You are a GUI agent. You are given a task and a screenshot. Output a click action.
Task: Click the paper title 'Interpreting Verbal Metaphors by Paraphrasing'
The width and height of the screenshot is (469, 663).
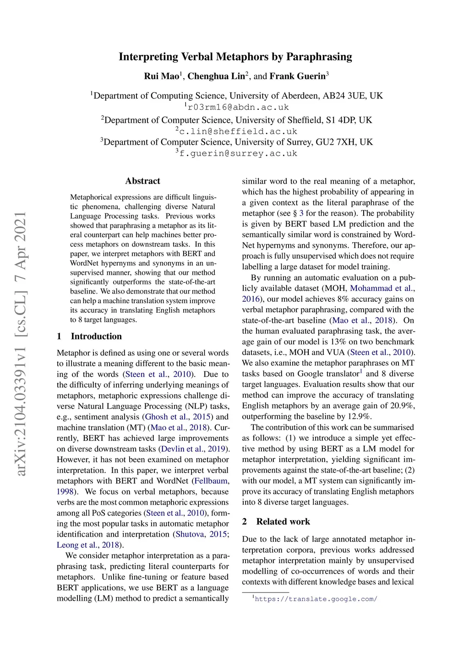(x=235, y=57)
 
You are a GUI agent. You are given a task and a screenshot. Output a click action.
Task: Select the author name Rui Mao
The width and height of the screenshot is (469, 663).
(x=161, y=76)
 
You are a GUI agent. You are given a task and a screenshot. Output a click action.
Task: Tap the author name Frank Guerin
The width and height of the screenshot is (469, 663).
(x=297, y=76)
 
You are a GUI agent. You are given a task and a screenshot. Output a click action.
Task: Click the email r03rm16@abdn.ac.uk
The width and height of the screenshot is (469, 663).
(x=238, y=107)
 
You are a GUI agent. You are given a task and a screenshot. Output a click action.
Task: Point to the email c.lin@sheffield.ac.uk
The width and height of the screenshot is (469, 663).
(x=238, y=131)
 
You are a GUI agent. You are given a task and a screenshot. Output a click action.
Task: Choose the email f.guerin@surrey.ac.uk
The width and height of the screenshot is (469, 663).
(x=238, y=153)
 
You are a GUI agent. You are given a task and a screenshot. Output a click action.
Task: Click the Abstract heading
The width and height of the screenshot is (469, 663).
(x=143, y=181)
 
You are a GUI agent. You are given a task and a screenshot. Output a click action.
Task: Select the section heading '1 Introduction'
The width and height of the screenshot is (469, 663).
(x=89, y=336)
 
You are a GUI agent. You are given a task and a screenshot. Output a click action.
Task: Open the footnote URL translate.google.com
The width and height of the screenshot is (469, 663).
(x=316, y=599)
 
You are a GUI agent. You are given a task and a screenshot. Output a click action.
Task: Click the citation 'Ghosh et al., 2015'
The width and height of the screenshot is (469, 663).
(x=178, y=417)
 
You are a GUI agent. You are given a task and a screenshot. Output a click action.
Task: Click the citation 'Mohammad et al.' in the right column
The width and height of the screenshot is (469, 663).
(x=382, y=288)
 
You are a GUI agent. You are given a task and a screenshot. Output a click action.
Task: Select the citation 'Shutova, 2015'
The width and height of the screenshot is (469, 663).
(x=201, y=534)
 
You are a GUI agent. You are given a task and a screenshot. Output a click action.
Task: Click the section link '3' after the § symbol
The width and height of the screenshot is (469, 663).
(x=301, y=213)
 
